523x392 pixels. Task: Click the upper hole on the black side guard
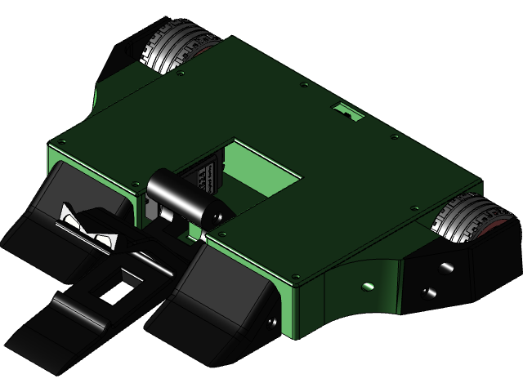coord(445,267)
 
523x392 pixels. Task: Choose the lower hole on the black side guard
coord(425,292)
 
